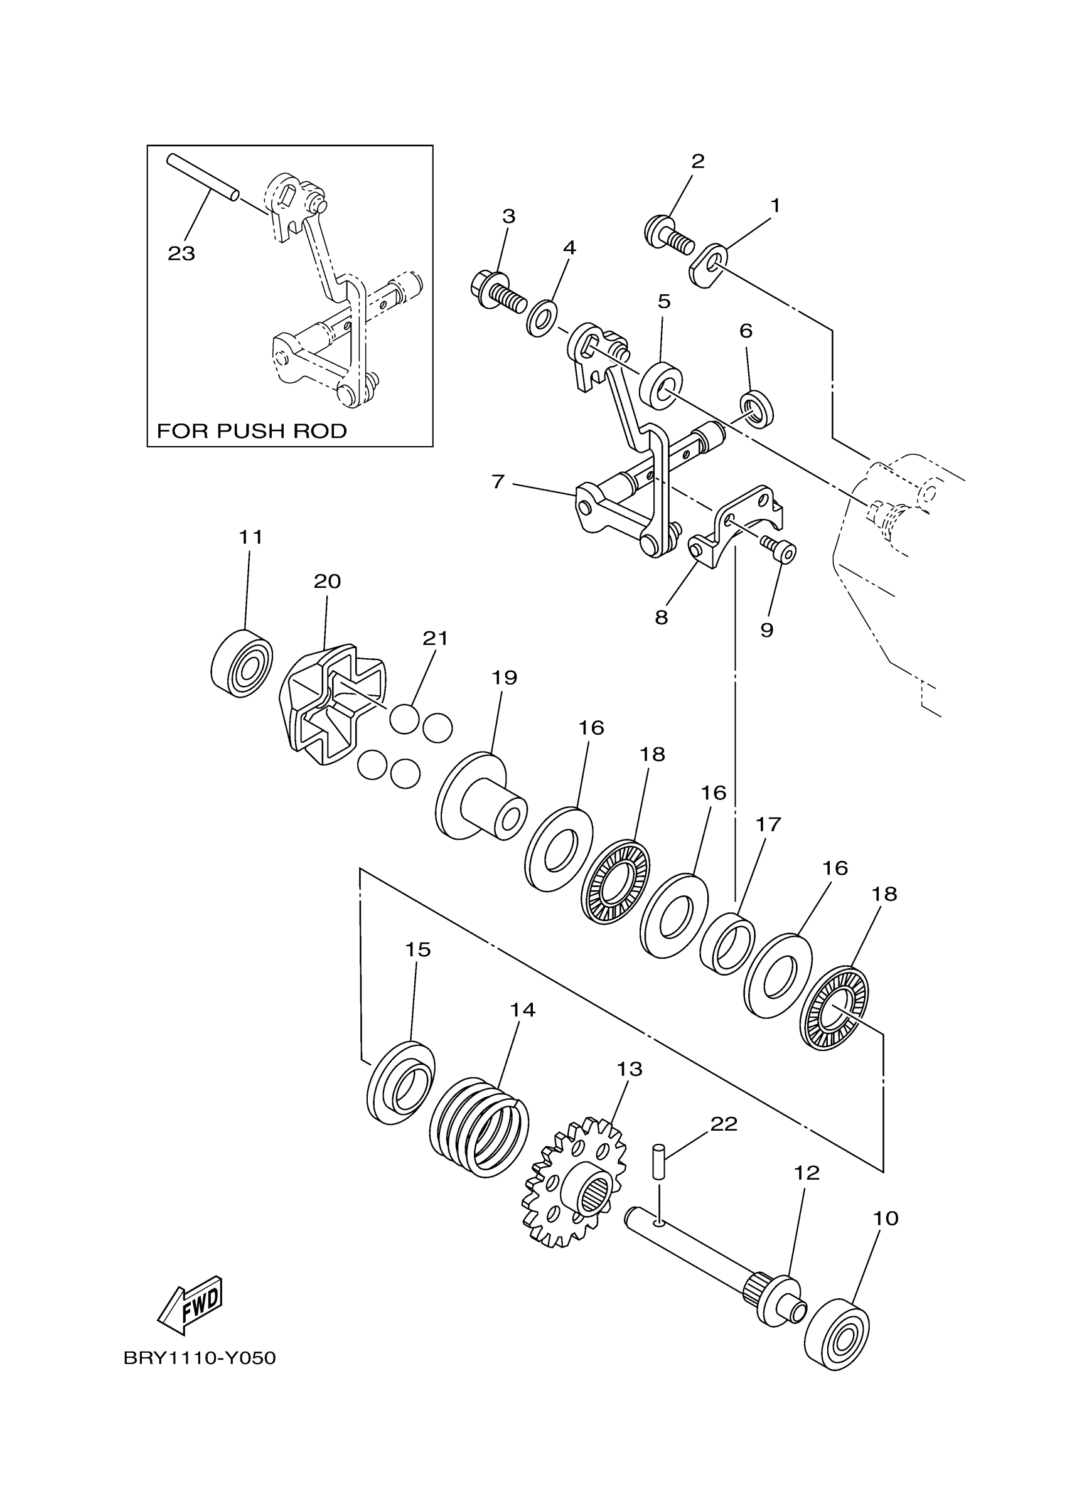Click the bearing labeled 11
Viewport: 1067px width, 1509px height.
242,663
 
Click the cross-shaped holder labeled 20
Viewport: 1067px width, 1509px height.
333,705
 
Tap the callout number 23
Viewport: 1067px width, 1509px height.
181,253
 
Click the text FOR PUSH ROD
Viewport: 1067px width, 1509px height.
252,431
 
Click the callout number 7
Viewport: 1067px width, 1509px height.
498,482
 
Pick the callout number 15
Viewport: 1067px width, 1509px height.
417,949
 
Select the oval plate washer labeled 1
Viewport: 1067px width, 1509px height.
709,265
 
